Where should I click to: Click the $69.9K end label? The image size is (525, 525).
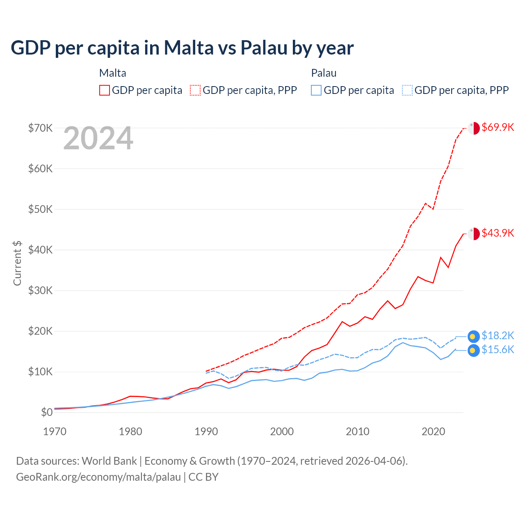pyautogui.click(x=498, y=127)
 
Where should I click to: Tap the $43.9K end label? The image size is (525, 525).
pyautogui.click(x=498, y=233)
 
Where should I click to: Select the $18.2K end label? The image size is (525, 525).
pyautogui.click(x=498, y=336)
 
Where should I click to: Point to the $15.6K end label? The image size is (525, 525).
pyautogui.click(x=498, y=349)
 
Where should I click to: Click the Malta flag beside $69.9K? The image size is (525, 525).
pyautogui.click(x=474, y=128)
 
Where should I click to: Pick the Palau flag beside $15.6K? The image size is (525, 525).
pyautogui.click(x=474, y=350)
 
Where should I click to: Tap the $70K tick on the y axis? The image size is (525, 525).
pyautogui.click(x=40, y=128)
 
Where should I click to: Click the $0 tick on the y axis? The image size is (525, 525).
pyautogui.click(x=47, y=412)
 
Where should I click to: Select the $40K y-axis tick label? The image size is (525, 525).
pyautogui.click(x=40, y=250)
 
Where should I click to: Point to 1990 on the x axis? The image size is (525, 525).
pyautogui.click(x=206, y=431)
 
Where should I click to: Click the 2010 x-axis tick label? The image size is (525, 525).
pyautogui.click(x=358, y=431)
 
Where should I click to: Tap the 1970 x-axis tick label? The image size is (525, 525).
pyautogui.click(x=55, y=431)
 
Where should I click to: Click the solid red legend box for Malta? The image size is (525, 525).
pyautogui.click(x=105, y=90)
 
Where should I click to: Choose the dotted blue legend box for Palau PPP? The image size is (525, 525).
pyautogui.click(x=407, y=90)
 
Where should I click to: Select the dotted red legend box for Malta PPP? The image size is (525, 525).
pyautogui.click(x=196, y=90)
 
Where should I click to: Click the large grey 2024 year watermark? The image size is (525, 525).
pyautogui.click(x=98, y=138)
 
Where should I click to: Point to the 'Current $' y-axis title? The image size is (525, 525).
pyautogui.click(x=17, y=263)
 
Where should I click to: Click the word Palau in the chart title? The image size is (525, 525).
pyautogui.click(x=264, y=48)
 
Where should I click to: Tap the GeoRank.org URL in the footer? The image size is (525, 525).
pyautogui.click(x=98, y=477)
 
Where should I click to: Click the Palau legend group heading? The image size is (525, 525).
pyautogui.click(x=324, y=73)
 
